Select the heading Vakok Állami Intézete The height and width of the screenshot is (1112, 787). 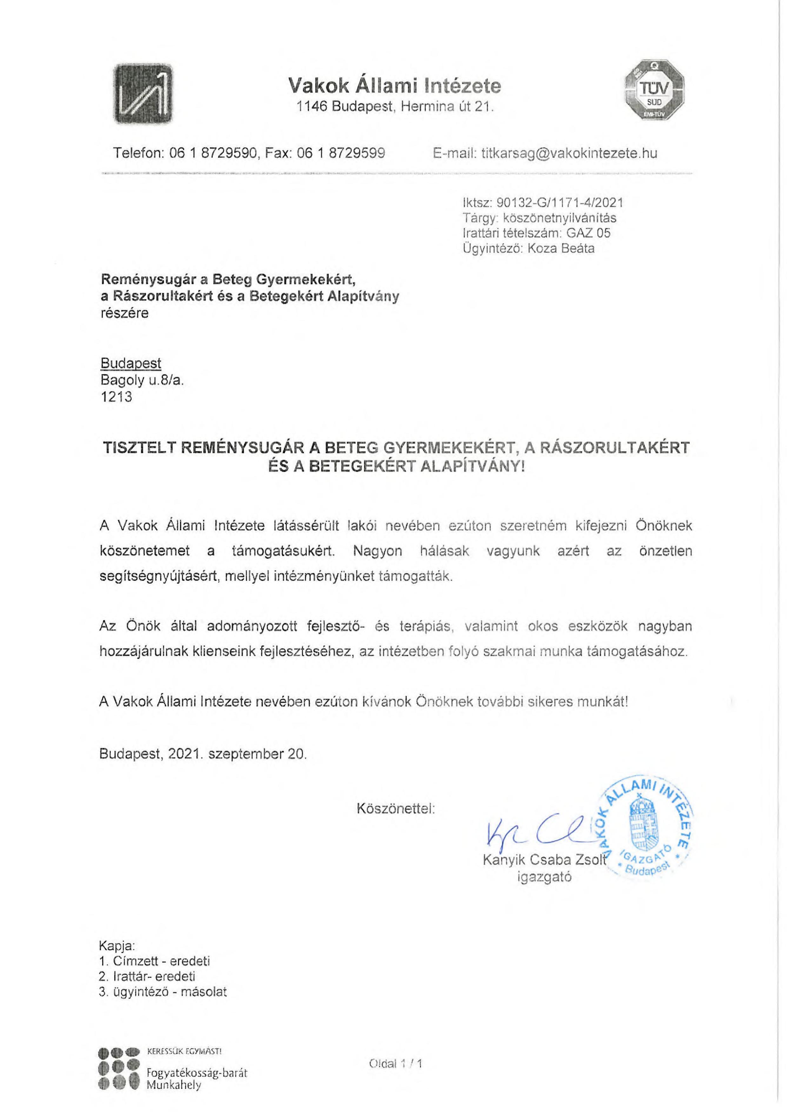(x=395, y=86)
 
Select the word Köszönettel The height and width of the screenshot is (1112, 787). (x=396, y=808)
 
